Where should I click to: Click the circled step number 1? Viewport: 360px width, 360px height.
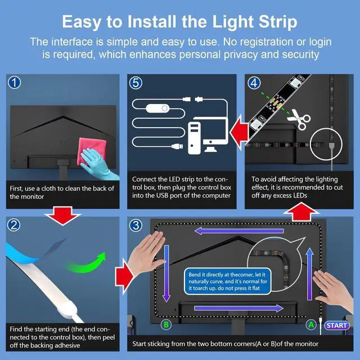coord(14,83)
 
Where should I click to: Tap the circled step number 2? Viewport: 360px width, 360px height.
coord(13,225)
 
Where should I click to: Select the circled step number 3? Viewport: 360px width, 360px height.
coord(136,225)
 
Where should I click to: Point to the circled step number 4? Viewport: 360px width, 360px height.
coord(254,83)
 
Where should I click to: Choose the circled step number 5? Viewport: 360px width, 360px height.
coord(136,83)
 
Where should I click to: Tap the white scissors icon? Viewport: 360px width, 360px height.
coord(299,119)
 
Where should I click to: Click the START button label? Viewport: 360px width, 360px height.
coord(336,325)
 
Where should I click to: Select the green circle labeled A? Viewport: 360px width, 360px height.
coord(311,325)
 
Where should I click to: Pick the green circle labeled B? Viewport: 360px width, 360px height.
coord(166,325)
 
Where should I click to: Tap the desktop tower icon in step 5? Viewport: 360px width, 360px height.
coord(194,138)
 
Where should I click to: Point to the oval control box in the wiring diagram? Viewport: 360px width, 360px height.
coord(157,108)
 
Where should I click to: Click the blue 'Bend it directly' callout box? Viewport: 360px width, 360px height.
coord(227,281)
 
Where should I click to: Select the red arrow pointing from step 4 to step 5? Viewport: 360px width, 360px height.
coord(239,133)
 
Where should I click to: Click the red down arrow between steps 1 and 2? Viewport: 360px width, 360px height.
coord(62,215)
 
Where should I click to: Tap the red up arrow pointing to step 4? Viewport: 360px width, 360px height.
coord(301,211)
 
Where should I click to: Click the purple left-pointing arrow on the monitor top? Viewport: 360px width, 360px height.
coord(239,231)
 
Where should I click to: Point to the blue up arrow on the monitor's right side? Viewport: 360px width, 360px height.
coord(310,274)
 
